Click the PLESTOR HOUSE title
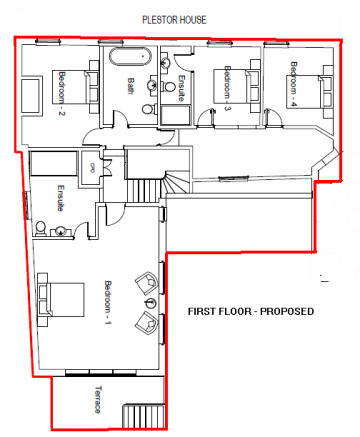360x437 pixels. pyautogui.click(x=174, y=20)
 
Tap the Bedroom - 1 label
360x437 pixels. pyautogui.click(x=108, y=302)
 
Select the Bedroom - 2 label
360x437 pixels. pyautogui.click(x=62, y=93)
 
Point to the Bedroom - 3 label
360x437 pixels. pyautogui.click(x=227, y=88)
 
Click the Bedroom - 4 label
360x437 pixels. pyautogui.click(x=294, y=84)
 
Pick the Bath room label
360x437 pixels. pyautogui.click(x=131, y=86)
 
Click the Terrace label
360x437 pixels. pyautogui.click(x=98, y=399)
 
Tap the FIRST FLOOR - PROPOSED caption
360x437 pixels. pyautogui.click(x=251, y=311)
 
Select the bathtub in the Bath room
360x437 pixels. pyautogui.click(x=130, y=57)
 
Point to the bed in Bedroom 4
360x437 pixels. pyautogui.click(x=310, y=92)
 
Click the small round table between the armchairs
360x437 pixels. pyautogui.click(x=150, y=302)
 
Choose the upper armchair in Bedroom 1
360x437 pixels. pyautogui.click(x=147, y=282)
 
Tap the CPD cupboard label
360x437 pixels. pyautogui.click(x=90, y=167)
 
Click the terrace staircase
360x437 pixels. pyautogui.click(x=144, y=416)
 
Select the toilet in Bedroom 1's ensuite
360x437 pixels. pyautogui.click(x=40, y=228)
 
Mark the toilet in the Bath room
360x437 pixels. pyautogui.click(x=149, y=109)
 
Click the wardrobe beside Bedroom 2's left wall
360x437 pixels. pyautogui.click(x=32, y=96)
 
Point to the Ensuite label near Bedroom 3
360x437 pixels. pyautogui.click(x=181, y=88)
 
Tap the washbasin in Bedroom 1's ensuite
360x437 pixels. pyautogui.click(x=61, y=231)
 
